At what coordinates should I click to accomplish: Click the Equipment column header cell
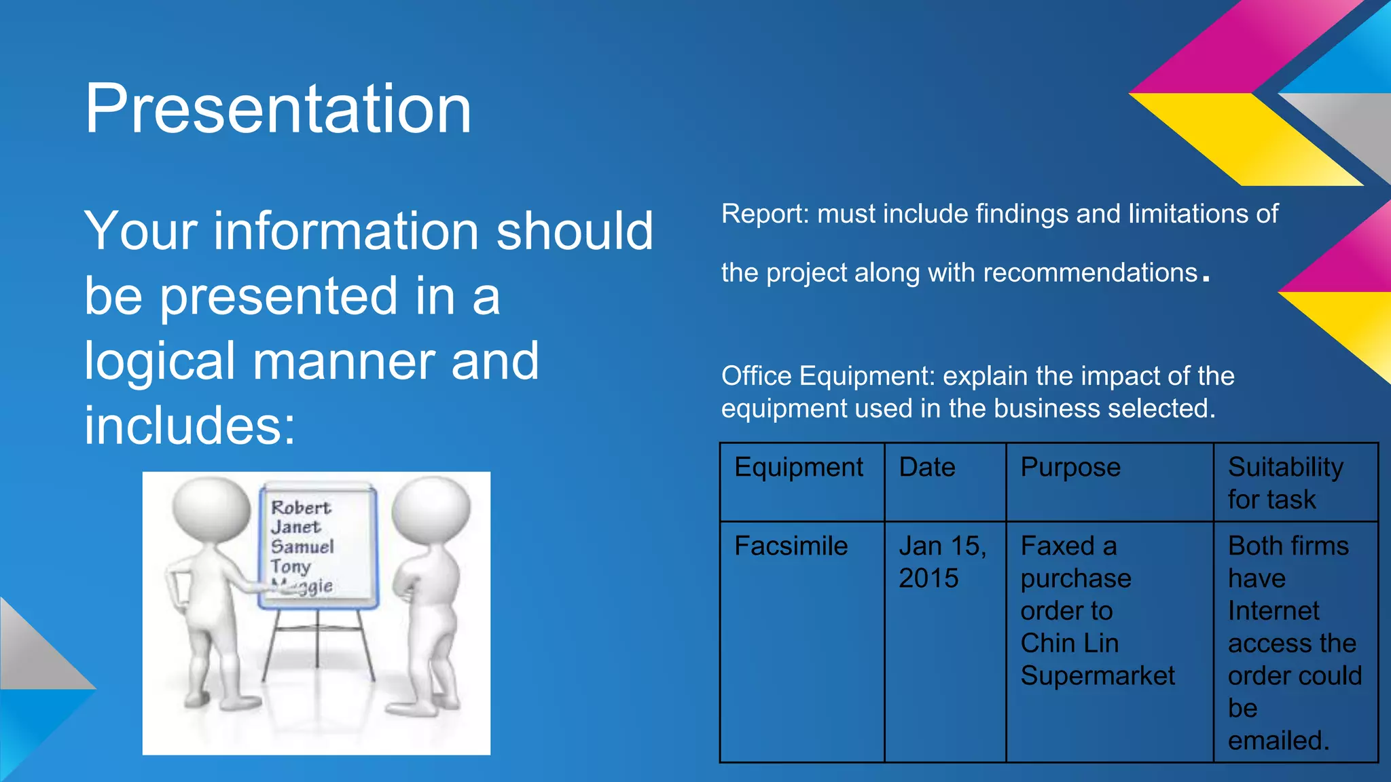coord(799,468)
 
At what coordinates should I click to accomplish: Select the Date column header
coord(927,468)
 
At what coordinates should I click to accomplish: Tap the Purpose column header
coord(1070,468)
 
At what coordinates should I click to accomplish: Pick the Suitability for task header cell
coord(1285,483)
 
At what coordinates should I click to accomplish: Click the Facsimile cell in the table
coord(791,546)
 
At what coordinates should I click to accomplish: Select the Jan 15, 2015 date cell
coord(941,562)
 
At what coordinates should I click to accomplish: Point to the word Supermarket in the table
coord(1098,676)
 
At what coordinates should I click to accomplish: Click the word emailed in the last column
coord(1277,741)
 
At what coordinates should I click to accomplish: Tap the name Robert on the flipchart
coord(300,508)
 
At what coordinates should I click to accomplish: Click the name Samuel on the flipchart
coord(302,546)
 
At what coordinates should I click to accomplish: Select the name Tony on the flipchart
coord(291,565)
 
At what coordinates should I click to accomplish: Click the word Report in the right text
coord(763,214)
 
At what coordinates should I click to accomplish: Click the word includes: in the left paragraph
coord(190,426)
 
